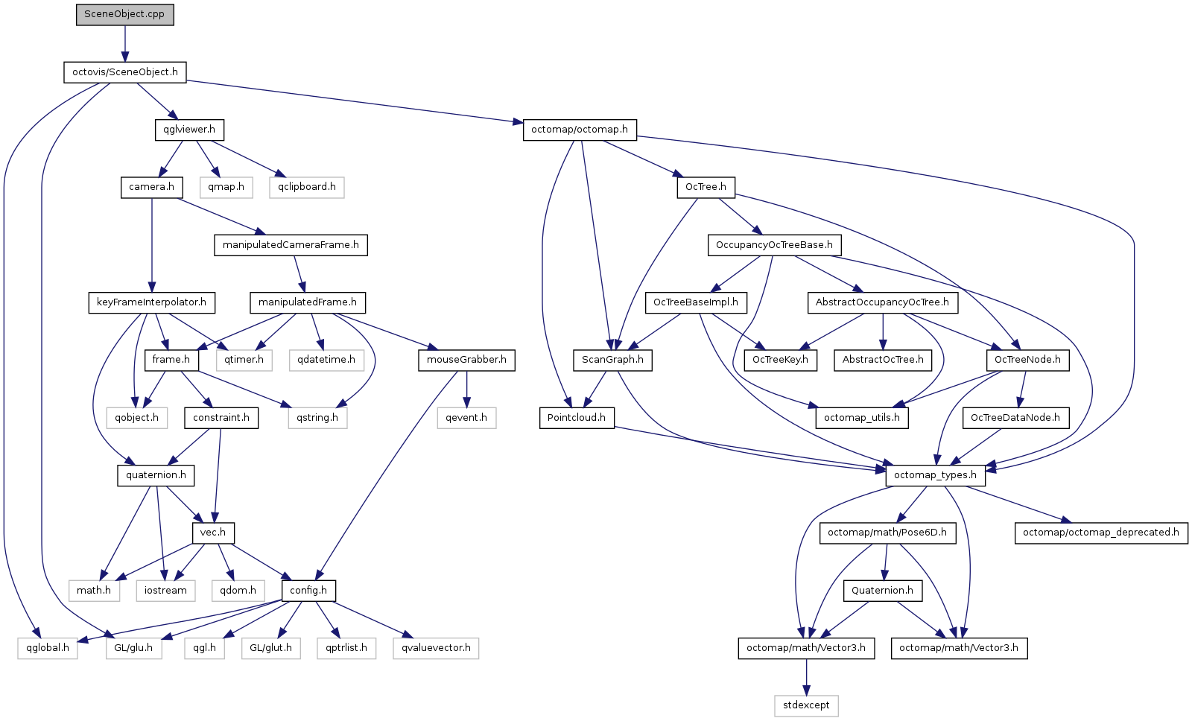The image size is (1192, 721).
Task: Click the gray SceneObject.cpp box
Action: click(124, 14)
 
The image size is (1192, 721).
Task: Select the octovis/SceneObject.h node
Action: click(125, 72)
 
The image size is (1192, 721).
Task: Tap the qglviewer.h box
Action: click(189, 130)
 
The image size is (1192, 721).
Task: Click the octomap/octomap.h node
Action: click(580, 130)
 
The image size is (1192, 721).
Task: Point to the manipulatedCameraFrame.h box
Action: click(291, 245)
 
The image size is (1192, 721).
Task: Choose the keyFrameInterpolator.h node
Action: click(152, 302)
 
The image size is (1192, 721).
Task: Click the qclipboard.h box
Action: click(306, 187)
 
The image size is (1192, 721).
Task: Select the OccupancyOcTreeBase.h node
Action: click(774, 245)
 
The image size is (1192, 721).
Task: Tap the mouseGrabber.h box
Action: click(466, 360)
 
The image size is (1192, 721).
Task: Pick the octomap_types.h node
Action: click(936, 475)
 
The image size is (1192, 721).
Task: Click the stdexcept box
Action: click(806, 705)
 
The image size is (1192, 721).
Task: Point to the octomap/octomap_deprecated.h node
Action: click(1101, 533)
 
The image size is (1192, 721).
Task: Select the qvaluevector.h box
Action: click(436, 648)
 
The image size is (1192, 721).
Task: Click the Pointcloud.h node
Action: click(577, 418)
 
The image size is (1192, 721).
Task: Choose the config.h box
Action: click(308, 591)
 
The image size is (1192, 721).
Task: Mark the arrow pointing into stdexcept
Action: click(806, 677)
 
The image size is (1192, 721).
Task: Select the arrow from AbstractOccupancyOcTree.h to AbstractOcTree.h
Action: click(883, 331)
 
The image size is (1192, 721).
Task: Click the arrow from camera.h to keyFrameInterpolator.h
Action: click(152, 245)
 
